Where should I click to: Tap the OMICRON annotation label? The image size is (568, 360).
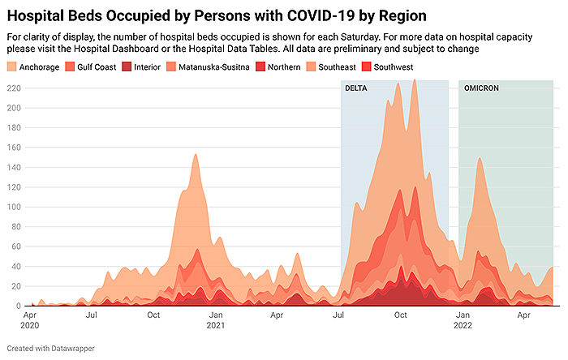click(x=481, y=88)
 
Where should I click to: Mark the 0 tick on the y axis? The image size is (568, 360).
click(x=17, y=306)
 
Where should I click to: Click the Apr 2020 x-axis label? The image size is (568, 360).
click(x=30, y=319)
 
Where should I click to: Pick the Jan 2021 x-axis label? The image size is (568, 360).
click(x=216, y=319)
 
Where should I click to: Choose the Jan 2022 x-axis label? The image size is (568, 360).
click(x=463, y=319)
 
